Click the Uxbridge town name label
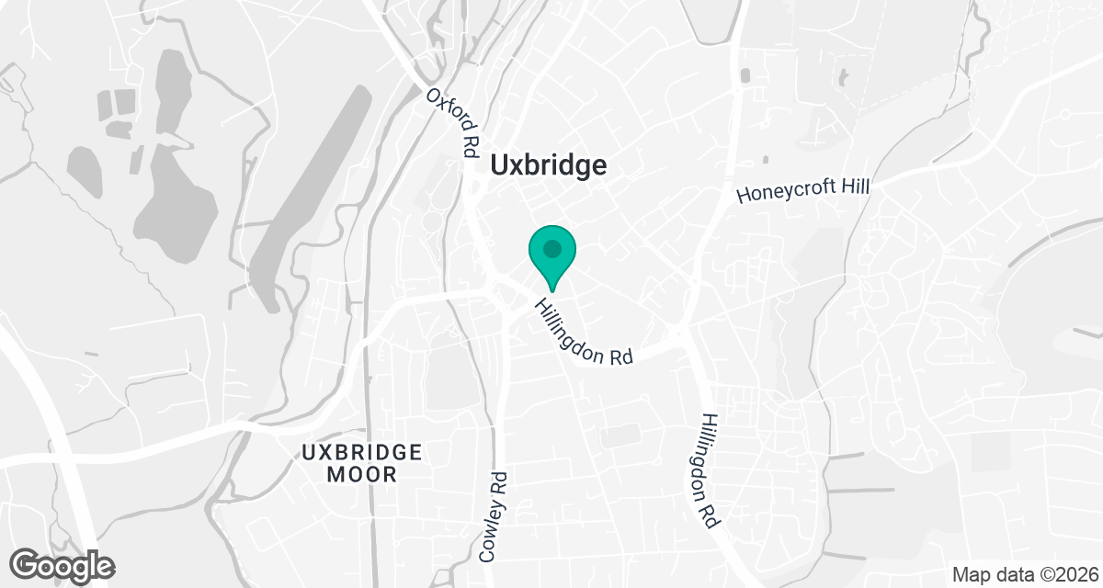pos(549,165)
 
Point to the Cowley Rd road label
pos(494,516)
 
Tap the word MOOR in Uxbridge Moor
pos(362,475)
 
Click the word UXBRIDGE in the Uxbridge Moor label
pos(362,453)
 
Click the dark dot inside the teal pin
pos(552,249)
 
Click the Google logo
pos(63,564)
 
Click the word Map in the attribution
pos(971,575)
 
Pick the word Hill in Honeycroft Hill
pos(853,187)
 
